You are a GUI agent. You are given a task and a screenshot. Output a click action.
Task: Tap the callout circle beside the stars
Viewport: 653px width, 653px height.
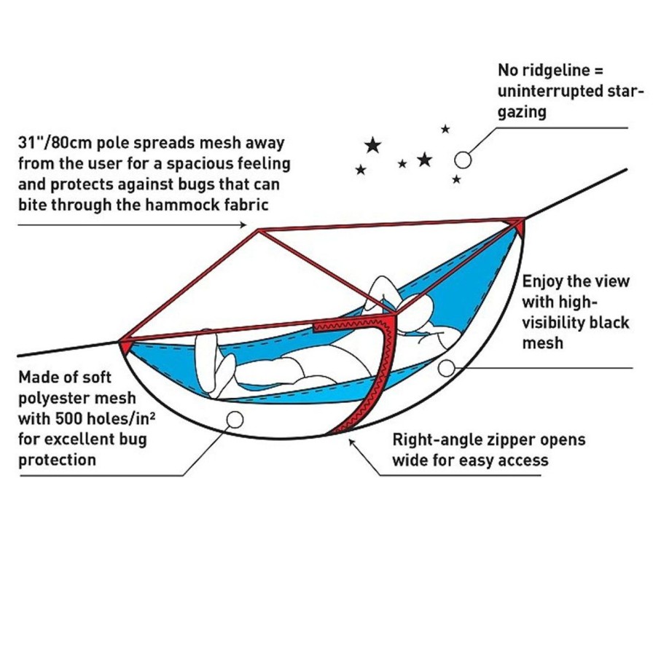click(x=463, y=160)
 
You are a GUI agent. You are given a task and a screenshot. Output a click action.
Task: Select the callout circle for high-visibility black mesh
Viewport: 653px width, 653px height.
click(x=447, y=368)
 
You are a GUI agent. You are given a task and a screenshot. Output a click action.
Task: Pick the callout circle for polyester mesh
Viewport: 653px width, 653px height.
click(x=235, y=420)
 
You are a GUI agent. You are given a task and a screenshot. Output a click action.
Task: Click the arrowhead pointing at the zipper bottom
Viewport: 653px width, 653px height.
click(x=352, y=442)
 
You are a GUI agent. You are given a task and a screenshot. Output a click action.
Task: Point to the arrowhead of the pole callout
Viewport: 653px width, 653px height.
click(x=243, y=225)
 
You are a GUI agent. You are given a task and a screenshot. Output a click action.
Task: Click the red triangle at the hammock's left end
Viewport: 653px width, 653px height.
click(x=126, y=345)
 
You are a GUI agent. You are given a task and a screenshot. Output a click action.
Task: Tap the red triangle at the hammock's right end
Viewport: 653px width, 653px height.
click(x=517, y=226)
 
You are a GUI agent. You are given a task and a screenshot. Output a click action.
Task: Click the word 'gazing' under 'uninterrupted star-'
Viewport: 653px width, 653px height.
click(x=522, y=112)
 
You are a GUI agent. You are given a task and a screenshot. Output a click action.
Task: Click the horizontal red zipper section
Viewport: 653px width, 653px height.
click(x=349, y=324)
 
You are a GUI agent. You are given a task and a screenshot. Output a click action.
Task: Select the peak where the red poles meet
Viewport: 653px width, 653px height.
click(x=259, y=230)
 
